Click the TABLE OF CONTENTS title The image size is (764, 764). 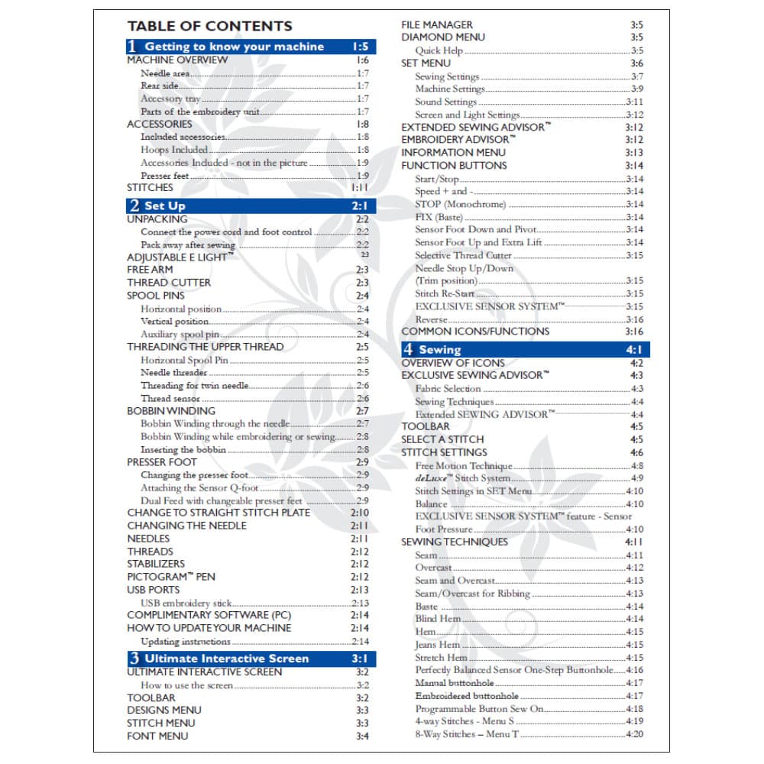pos(209,26)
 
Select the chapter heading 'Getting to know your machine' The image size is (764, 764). pos(234,47)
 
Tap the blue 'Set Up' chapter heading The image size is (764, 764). pos(164,206)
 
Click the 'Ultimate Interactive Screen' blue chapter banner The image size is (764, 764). pos(226,659)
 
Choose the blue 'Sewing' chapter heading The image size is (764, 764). pos(439,350)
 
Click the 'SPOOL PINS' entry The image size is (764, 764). pos(156,296)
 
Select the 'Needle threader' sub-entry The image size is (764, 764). pos(173,373)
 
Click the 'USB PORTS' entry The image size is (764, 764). pos(154,590)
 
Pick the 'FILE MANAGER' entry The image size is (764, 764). pos(437,24)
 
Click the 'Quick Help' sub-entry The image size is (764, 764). pos(439,50)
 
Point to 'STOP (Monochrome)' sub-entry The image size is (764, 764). pos(460,205)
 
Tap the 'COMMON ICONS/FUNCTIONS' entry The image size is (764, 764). pos(475,332)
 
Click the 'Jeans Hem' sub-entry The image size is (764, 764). pos(437,645)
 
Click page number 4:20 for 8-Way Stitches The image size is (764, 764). pos(634,734)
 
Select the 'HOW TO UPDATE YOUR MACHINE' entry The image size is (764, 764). pos(209,628)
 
